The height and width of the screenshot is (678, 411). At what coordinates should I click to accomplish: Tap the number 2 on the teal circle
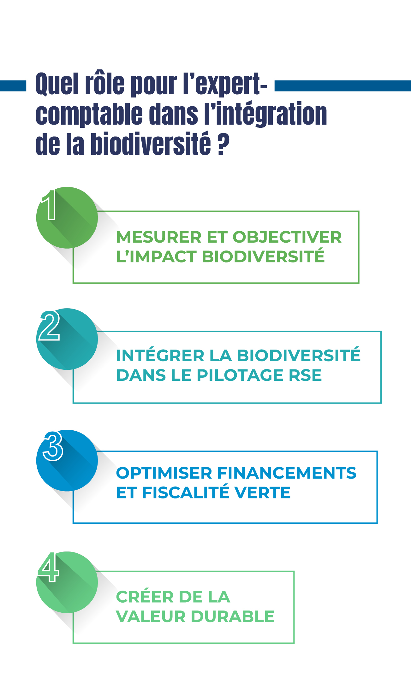(50, 326)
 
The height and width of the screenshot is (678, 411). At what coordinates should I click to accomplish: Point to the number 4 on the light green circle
(49, 568)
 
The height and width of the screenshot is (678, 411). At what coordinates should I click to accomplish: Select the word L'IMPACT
(157, 256)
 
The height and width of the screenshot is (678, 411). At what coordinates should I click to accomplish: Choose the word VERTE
(264, 493)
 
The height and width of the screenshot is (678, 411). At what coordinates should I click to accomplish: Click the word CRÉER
(144, 597)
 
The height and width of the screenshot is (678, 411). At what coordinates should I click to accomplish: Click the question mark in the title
(223, 144)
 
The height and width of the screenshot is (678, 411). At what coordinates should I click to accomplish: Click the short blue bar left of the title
(13, 85)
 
